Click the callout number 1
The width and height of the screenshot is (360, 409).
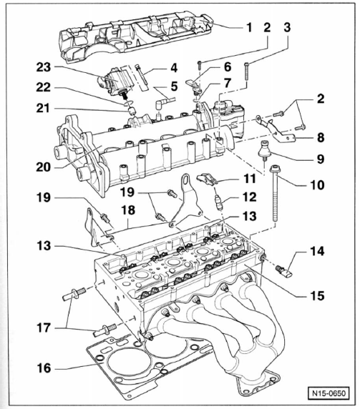point(249,28)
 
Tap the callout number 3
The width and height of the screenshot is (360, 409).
point(287,27)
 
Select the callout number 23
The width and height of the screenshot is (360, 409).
point(44,67)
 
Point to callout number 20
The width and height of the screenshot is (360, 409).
point(44,167)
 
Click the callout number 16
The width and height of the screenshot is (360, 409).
point(44,368)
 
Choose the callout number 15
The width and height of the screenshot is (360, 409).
point(317,296)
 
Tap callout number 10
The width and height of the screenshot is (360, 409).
point(317,185)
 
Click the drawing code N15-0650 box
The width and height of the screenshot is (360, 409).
point(329,393)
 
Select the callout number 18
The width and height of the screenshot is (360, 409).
point(128,210)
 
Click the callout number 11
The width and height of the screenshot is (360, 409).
point(250,179)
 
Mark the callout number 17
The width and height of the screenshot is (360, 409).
point(44,328)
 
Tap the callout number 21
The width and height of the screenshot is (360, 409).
point(44,108)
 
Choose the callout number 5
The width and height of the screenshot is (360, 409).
point(174,87)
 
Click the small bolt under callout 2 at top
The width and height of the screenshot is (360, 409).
point(199,63)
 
